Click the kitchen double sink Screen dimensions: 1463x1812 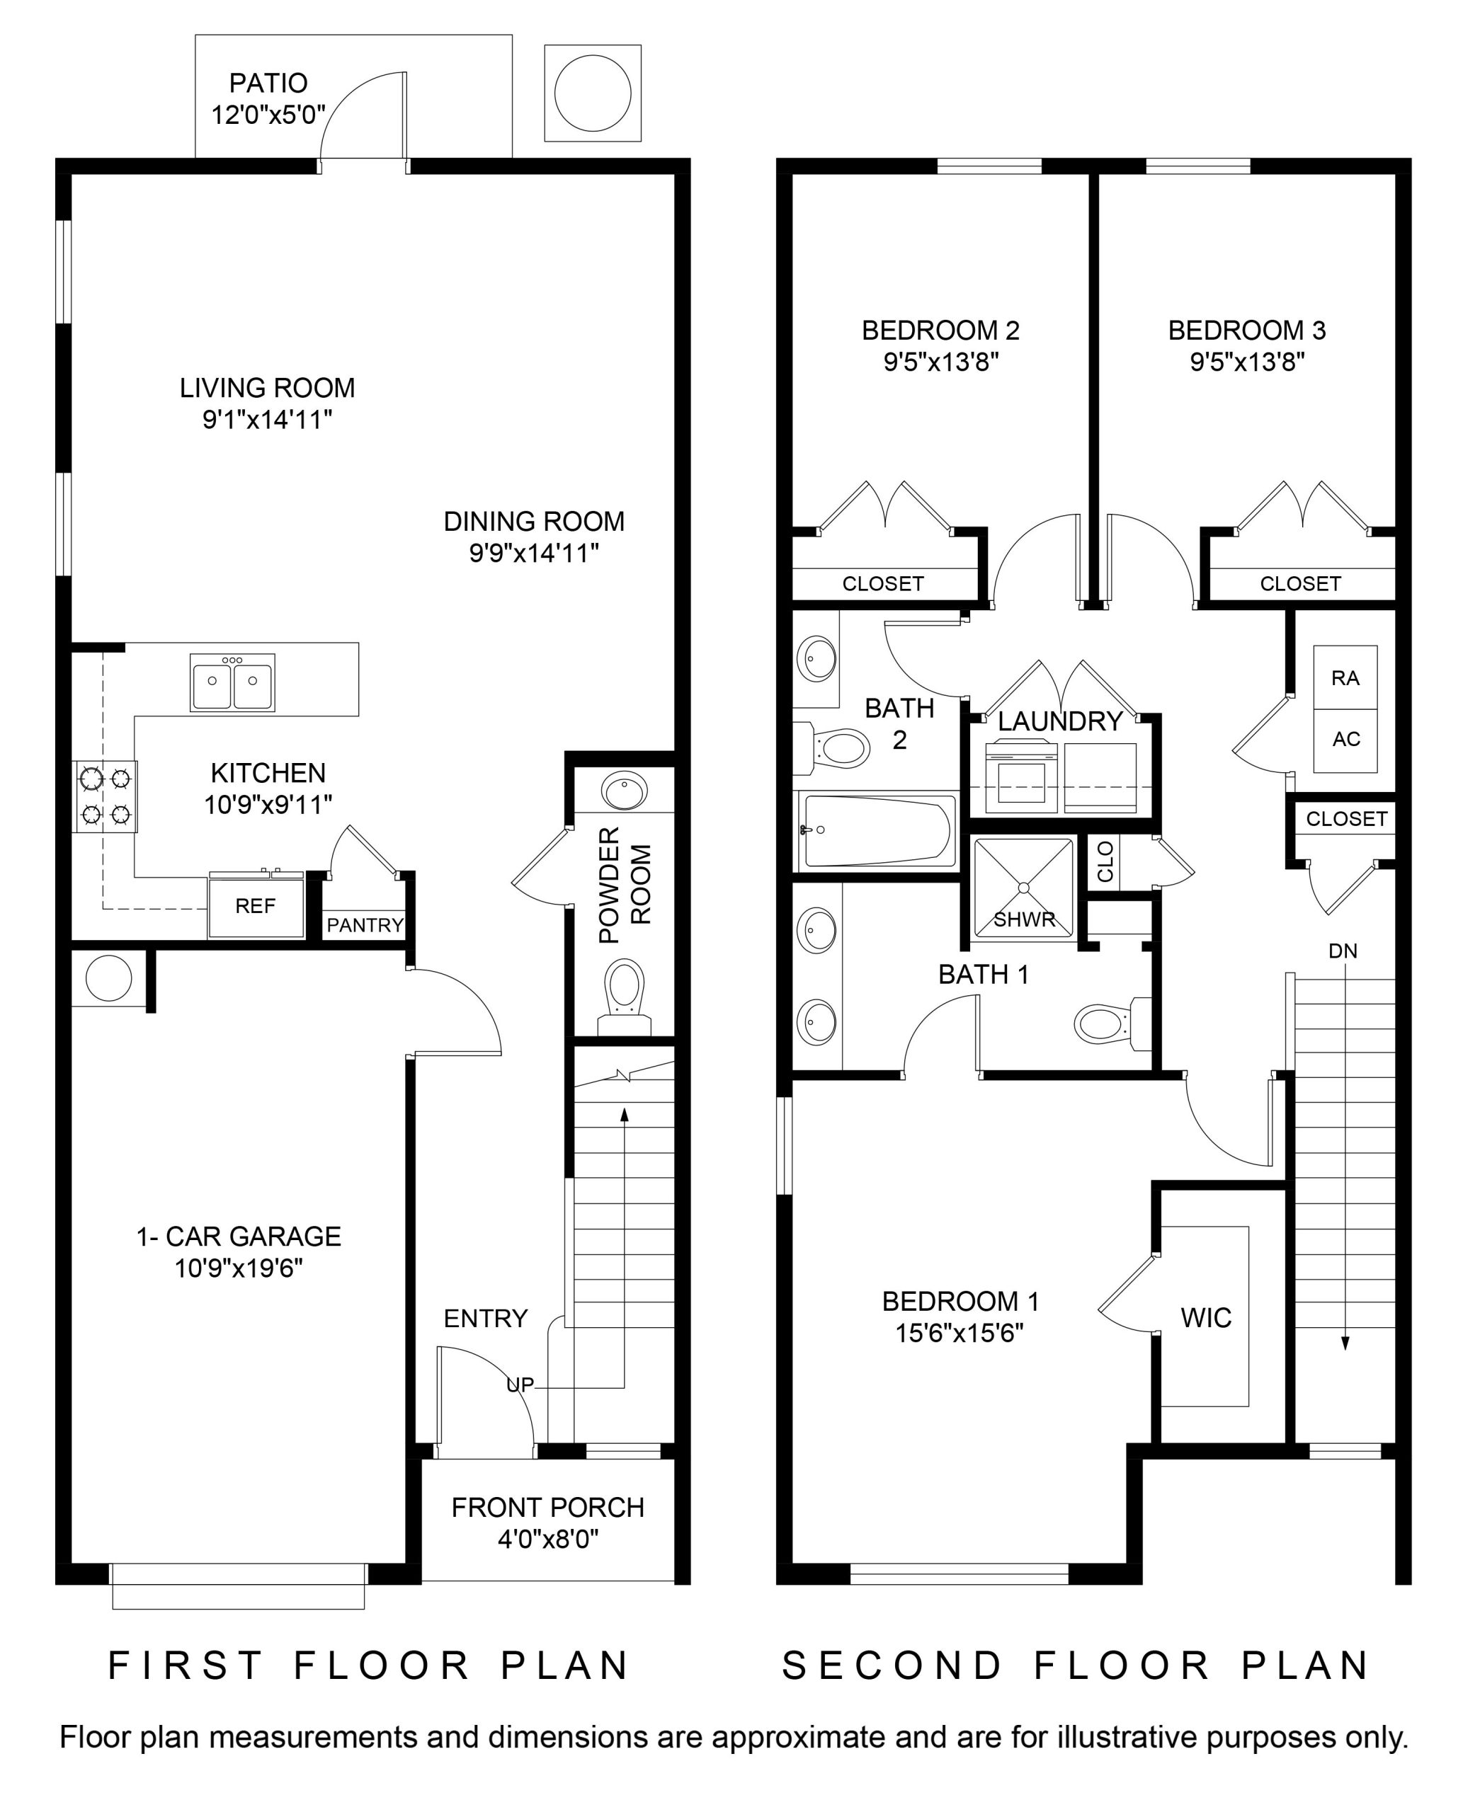click(x=232, y=682)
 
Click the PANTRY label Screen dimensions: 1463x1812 click(x=365, y=925)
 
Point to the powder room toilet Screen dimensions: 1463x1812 click(x=625, y=999)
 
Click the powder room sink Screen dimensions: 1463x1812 click(x=625, y=791)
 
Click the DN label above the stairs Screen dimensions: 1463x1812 click(x=1343, y=951)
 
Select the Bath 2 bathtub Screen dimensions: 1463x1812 click(x=877, y=832)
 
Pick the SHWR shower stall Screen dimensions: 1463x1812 click(x=1025, y=887)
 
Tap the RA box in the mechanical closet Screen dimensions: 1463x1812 click(x=1345, y=678)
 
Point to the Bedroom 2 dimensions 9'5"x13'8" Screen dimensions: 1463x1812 click(x=941, y=362)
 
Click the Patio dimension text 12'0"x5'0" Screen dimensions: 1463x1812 click(x=268, y=115)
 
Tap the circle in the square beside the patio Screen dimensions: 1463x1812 click(x=593, y=93)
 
